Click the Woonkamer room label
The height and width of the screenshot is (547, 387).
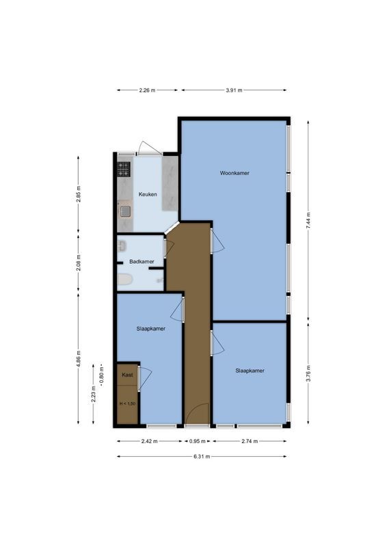tap(235, 173)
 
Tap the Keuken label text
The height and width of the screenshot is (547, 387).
tap(148, 194)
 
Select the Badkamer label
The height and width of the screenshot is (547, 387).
tap(142, 262)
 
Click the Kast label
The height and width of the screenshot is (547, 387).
tap(127, 375)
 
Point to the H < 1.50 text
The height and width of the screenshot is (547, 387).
tap(127, 404)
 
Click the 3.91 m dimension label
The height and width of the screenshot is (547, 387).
tap(233, 90)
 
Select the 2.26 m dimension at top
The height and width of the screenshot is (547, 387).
tap(147, 90)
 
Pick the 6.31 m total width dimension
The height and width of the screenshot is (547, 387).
tap(201, 456)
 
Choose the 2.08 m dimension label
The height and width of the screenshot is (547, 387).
tap(79, 264)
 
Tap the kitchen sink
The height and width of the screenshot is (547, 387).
tap(125, 211)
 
